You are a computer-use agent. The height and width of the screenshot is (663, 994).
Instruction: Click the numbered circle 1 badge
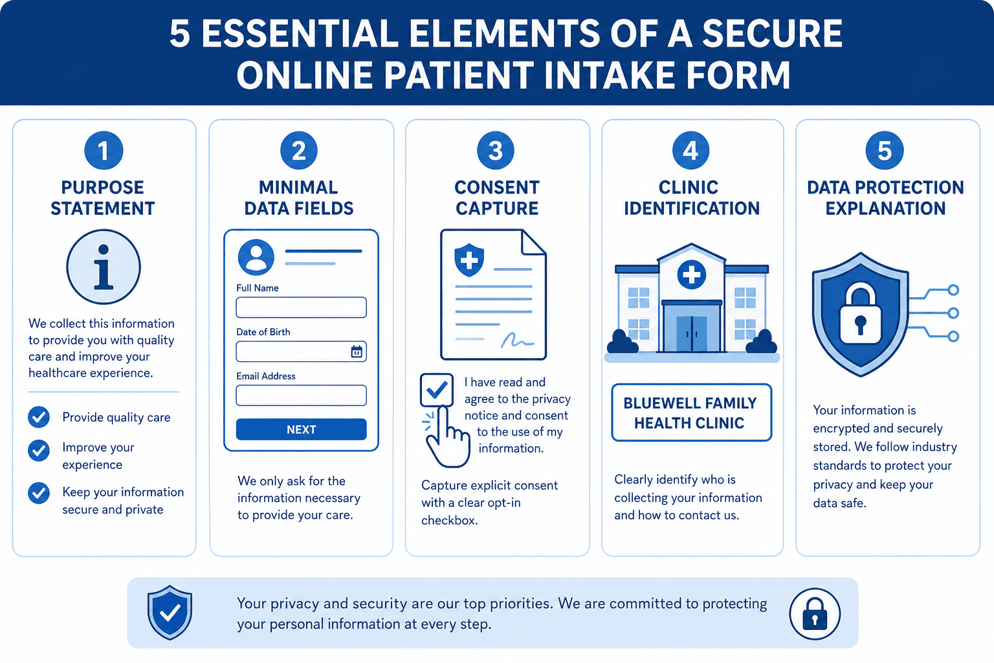tap(104, 150)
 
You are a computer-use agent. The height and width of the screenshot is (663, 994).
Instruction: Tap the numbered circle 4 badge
tap(690, 150)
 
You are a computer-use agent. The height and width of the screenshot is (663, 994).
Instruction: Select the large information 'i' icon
tap(104, 267)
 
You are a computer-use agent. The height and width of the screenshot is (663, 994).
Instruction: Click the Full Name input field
tap(302, 308)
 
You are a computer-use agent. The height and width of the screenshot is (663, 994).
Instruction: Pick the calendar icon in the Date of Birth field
tap(357, 352)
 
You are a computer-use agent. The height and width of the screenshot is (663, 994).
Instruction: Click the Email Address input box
tap(302, 395)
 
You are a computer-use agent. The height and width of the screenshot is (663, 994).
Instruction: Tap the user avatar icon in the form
tap(256, 257)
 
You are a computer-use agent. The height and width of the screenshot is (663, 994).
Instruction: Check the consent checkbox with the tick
tap(437, 390)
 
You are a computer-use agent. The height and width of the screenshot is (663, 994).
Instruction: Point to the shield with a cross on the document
tap(469, 260)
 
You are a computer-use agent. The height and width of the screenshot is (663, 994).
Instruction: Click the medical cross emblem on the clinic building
tap(691, 275)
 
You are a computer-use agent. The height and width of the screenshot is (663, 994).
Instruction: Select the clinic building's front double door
tap(691, 333)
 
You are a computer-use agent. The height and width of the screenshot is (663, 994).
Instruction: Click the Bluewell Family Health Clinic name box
tap(691, 412)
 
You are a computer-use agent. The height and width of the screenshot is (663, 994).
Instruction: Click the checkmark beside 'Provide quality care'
tap(39, 417)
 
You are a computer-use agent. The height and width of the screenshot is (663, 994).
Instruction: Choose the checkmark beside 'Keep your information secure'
tap(39, 493)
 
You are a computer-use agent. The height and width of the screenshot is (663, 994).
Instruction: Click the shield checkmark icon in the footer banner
tap(170, 612)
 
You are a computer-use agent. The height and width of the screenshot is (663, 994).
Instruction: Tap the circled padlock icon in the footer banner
tap(815, 614)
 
